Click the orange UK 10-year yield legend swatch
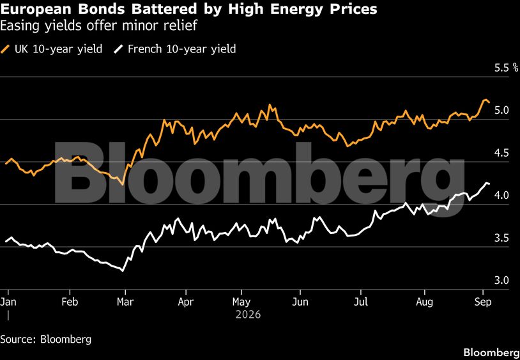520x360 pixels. pyautogui.click(x=5, y=50)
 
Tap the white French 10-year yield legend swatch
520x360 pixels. pyautogui.click(x=118, y=50)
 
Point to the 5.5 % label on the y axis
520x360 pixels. pyautogui.click(x=506, y=68)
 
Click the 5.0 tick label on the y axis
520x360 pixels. pyautogui.click(x=501, y=111)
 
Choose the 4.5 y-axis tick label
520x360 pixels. pyautogui.click(x=501, y=153)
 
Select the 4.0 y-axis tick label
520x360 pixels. pyautogui.click(x=501, y=196)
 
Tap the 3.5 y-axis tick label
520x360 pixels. pyautogui.click(x=501, y=238)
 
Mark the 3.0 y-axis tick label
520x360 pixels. pyautogui.click(x=501, y=280)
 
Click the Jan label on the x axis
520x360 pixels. pyautogui.click(x=8, y=302)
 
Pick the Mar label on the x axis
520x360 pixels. pyautogui.click(x=125, y=302)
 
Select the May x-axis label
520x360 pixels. pyautogui.click(x=241, y=302)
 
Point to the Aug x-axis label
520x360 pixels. pyautogui.click(x=425, y=302)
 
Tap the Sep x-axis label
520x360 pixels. pyautogui.click(x=483, y=302)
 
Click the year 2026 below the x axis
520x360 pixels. pyautogui.click(x=248, y=314)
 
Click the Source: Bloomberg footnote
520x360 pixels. pyautogui.click(x=46, y=340)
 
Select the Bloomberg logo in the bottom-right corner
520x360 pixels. pyautogui.click(x=491, y=352)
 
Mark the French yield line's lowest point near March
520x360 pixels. pyautogui.click(x=123, y=271)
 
